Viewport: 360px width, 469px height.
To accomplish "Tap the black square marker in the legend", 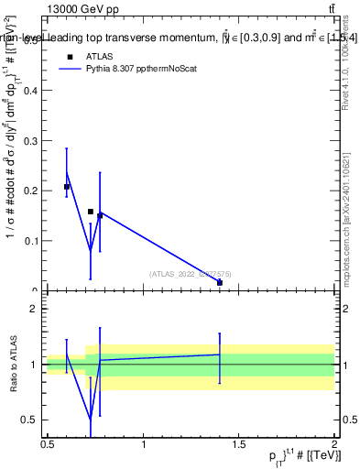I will coord(69,55).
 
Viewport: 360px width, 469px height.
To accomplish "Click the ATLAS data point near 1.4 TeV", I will coord(220,283).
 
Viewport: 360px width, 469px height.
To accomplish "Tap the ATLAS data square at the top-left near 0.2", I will coord(67,187).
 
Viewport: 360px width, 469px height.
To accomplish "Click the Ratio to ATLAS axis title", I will coord(13,365).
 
